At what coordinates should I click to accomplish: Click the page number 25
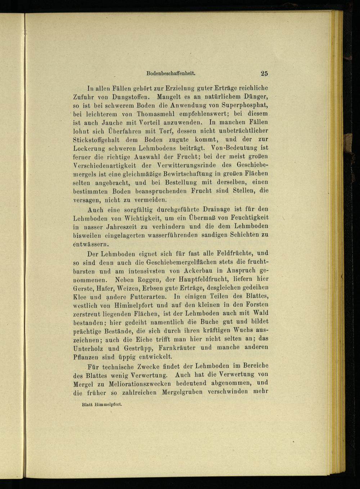click(264, 74)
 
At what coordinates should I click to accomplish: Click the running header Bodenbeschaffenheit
click(171, 73)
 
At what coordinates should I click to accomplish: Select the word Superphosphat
click(244, 105)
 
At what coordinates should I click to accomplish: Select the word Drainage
click(218, 209)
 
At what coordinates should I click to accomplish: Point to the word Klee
click(79, 297)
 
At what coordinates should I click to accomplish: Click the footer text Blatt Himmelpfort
click(102, 404)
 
